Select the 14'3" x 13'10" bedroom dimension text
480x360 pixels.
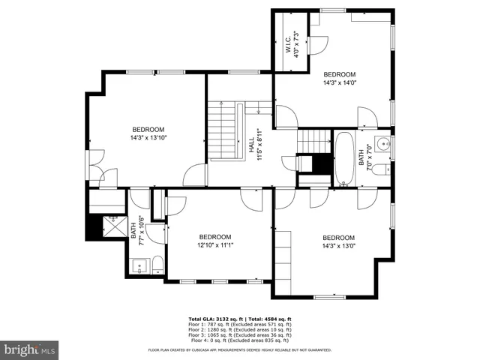click(148, 138)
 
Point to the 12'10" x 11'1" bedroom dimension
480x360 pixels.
click(216, 244)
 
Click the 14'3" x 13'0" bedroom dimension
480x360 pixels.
click(337, 245)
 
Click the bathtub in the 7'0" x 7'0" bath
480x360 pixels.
click(345, 159)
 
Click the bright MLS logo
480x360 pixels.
click(30, 350)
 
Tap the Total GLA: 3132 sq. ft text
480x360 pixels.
click(217, 319)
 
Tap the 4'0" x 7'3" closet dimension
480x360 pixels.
click(296, 43)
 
